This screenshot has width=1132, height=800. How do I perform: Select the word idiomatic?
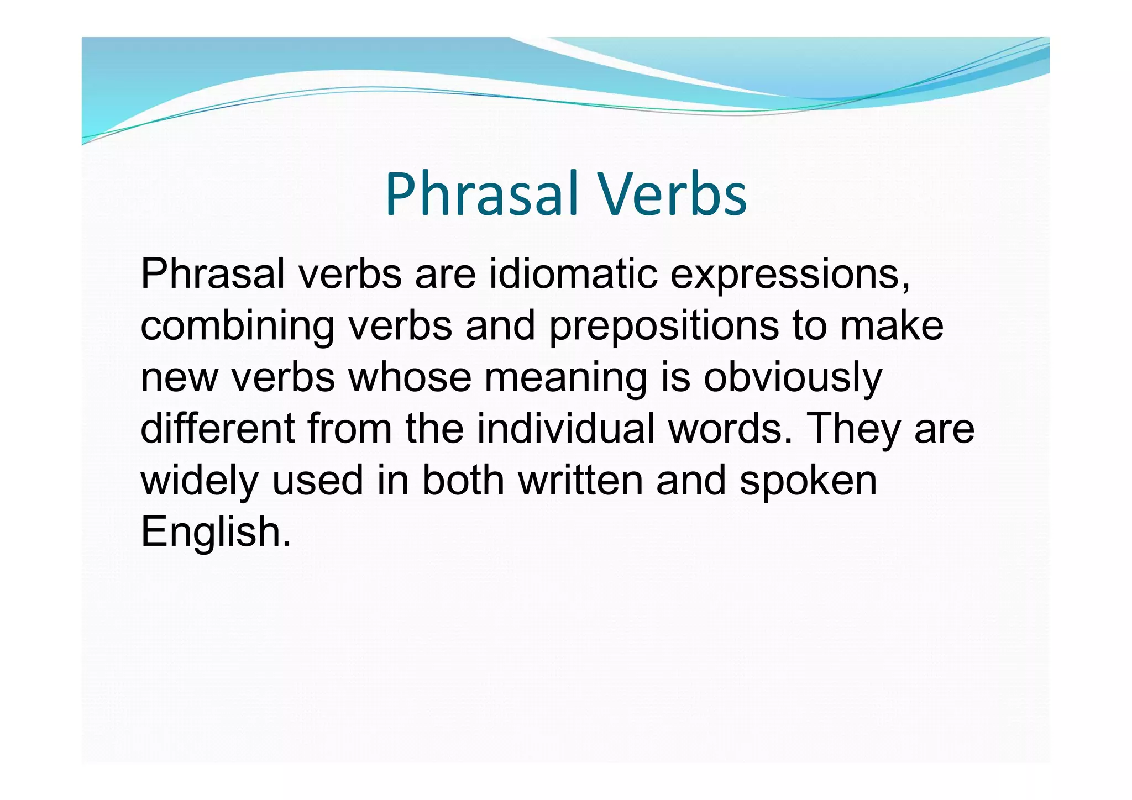pyautogui.click(x=573, y=274)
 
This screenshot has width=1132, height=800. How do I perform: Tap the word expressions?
pyautogui.click(x=789, y=274)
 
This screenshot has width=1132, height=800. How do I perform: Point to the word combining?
pyautogui.click(x=237, y=326)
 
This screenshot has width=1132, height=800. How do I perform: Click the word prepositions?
pyautogui.click(x=664, y=326)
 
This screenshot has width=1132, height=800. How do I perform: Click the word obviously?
pyautogui.click(x=793, y=378)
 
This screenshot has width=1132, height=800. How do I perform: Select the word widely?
pyautogui.click(x=200, y=480)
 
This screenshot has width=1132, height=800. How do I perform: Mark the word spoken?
pyautogui.click(x=808, y=480)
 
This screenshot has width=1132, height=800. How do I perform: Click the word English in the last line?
pyautogui.click(x=215, y=531)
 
